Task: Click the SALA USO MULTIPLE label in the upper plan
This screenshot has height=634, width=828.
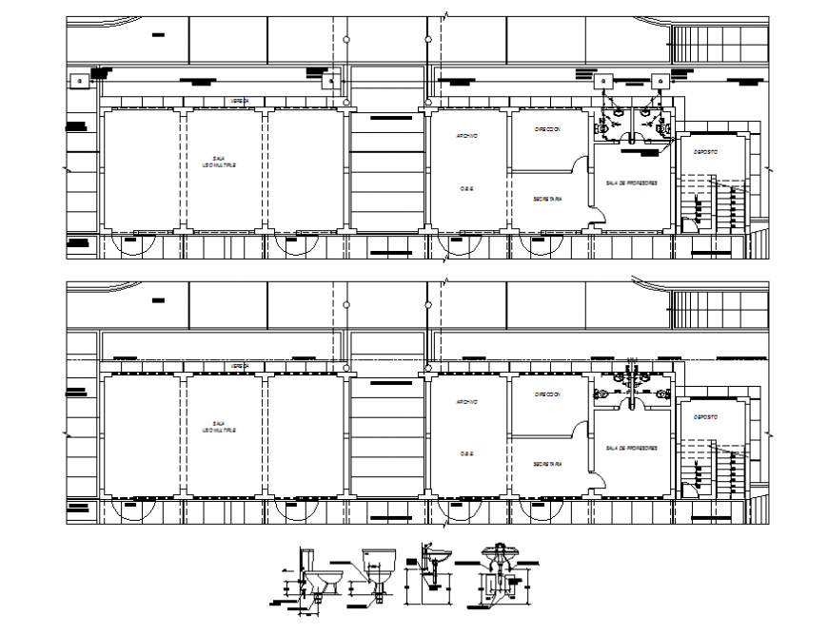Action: click(219, 163)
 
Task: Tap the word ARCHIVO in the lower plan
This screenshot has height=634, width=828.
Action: click(466, 401)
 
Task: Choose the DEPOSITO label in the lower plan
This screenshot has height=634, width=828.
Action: click(704, 417)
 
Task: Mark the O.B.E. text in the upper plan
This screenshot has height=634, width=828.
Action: click(466, 188)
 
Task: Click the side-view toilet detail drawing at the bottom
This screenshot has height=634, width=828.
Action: click(318, 574)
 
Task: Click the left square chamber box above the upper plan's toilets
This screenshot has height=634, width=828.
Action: click(603, 82)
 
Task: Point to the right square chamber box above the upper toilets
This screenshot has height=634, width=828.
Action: click(658, 82)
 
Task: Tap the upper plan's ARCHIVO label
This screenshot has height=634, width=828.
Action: click(466, 136)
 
